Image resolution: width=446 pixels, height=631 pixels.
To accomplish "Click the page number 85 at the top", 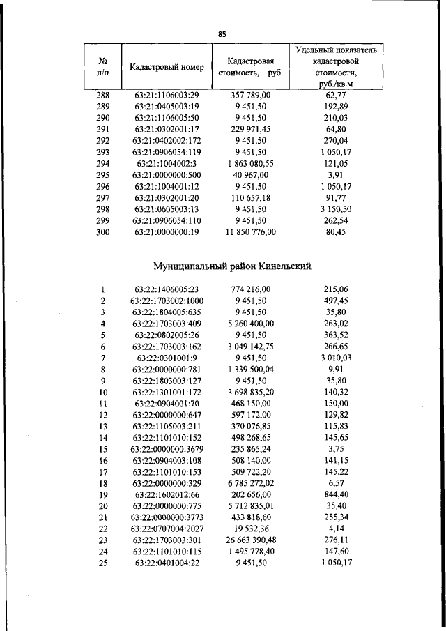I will [222, 33].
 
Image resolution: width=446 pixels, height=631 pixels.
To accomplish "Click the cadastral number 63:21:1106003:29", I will [167, 95].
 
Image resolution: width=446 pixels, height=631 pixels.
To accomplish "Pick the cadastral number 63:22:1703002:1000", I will [167, 301].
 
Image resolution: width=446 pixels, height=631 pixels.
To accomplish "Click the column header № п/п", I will [102, 67].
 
